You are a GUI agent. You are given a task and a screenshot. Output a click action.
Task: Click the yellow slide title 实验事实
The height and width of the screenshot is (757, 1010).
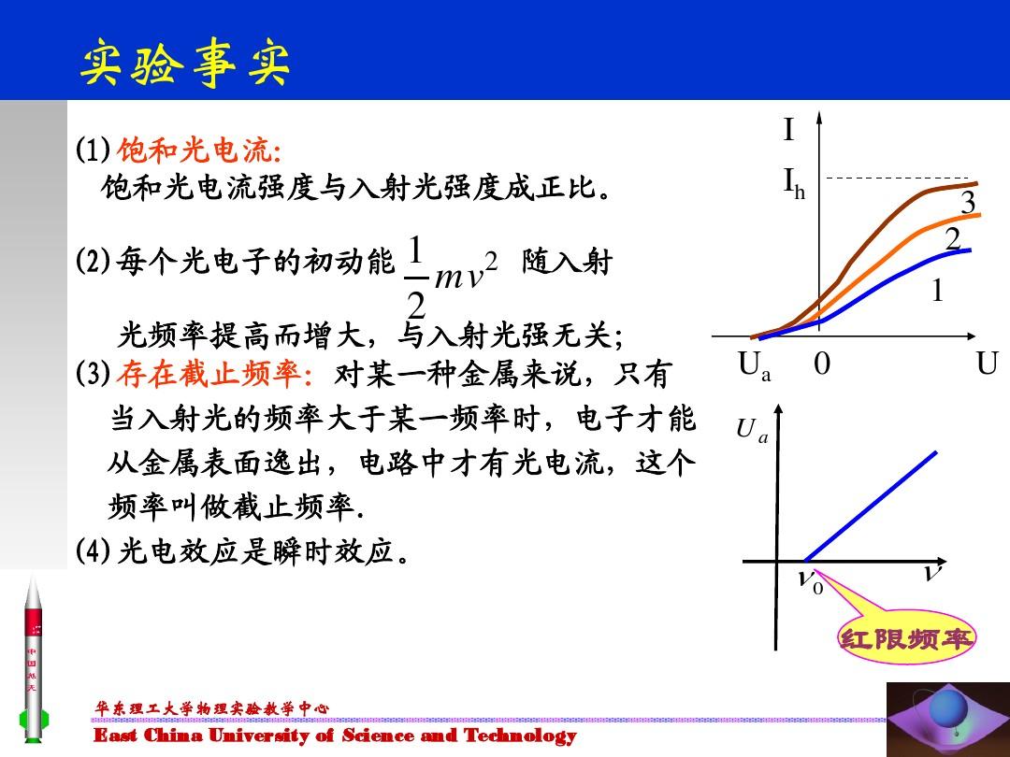click(x=185, y=62)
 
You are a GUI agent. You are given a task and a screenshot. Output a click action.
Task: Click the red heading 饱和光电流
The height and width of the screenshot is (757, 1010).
click(x=199, y=150)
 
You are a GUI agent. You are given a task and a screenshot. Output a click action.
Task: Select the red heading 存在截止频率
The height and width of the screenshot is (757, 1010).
click(x=214, y=374)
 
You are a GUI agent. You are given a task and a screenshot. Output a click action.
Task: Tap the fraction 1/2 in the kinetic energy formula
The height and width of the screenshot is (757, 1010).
click(x=416, y=276)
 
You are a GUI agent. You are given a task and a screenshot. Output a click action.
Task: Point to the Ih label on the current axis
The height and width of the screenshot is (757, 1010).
click(x=794, y=183)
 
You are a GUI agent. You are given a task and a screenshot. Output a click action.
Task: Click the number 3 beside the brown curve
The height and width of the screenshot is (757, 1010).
click(x=968, y=202)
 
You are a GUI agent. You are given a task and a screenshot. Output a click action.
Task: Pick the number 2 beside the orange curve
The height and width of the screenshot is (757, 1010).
click(x=953, y=239)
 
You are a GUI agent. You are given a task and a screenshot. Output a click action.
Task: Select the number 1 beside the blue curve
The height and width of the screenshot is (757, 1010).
click(x=937, y=291)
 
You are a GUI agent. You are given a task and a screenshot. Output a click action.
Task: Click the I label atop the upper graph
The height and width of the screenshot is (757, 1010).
click(x=788, y=129)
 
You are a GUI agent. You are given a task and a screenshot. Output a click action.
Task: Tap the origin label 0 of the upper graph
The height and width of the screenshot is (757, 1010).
click(x=822, y=364)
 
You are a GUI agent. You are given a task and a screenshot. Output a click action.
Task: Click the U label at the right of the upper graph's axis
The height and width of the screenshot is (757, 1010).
click(x=987, y=364)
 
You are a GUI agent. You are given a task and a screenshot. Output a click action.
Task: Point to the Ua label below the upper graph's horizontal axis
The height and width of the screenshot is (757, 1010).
click(x=755, y=366)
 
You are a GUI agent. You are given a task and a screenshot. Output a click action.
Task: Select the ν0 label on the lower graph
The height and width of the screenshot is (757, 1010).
click(x=810, y=579)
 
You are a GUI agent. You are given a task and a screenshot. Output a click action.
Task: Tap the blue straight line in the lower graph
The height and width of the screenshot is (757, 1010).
click(x=871, y=506)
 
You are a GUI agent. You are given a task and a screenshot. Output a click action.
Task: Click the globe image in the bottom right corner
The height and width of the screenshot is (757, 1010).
click(x=948, y=719)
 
